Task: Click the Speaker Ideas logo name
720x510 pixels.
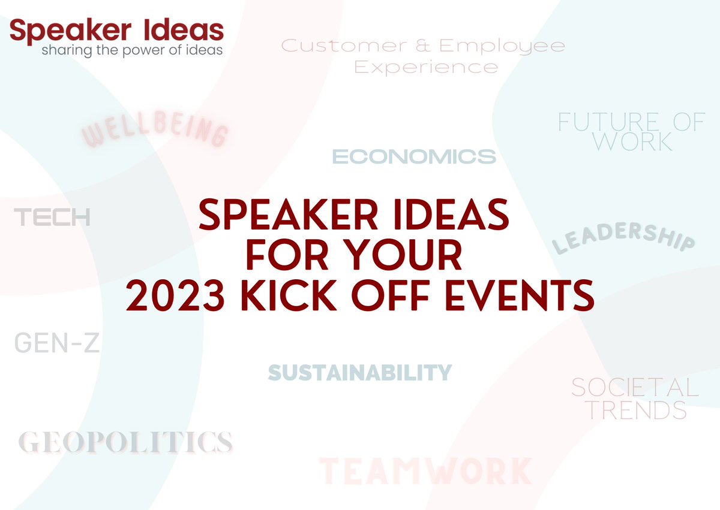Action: click(116, 30)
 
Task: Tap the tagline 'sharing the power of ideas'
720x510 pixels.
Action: click(132, 50)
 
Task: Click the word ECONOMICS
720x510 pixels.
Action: click(414, 157)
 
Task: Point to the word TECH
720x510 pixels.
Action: click(52, 218)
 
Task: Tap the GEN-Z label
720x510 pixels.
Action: click(56, 343)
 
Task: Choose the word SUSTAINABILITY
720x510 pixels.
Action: click(359, 373)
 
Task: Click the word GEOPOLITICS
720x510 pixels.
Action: click(125, 442)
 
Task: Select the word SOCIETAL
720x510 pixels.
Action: click(635, 388)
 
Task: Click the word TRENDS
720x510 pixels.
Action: click(637, 411)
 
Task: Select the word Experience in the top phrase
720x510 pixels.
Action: click(426, 67)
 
